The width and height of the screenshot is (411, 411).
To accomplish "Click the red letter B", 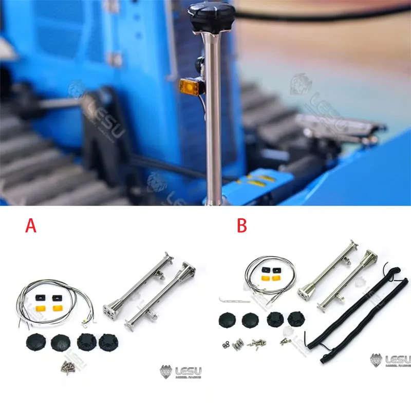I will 241,225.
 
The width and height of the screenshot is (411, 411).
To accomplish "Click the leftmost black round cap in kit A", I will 35,342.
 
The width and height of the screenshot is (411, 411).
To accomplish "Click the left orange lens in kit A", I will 39,308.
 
